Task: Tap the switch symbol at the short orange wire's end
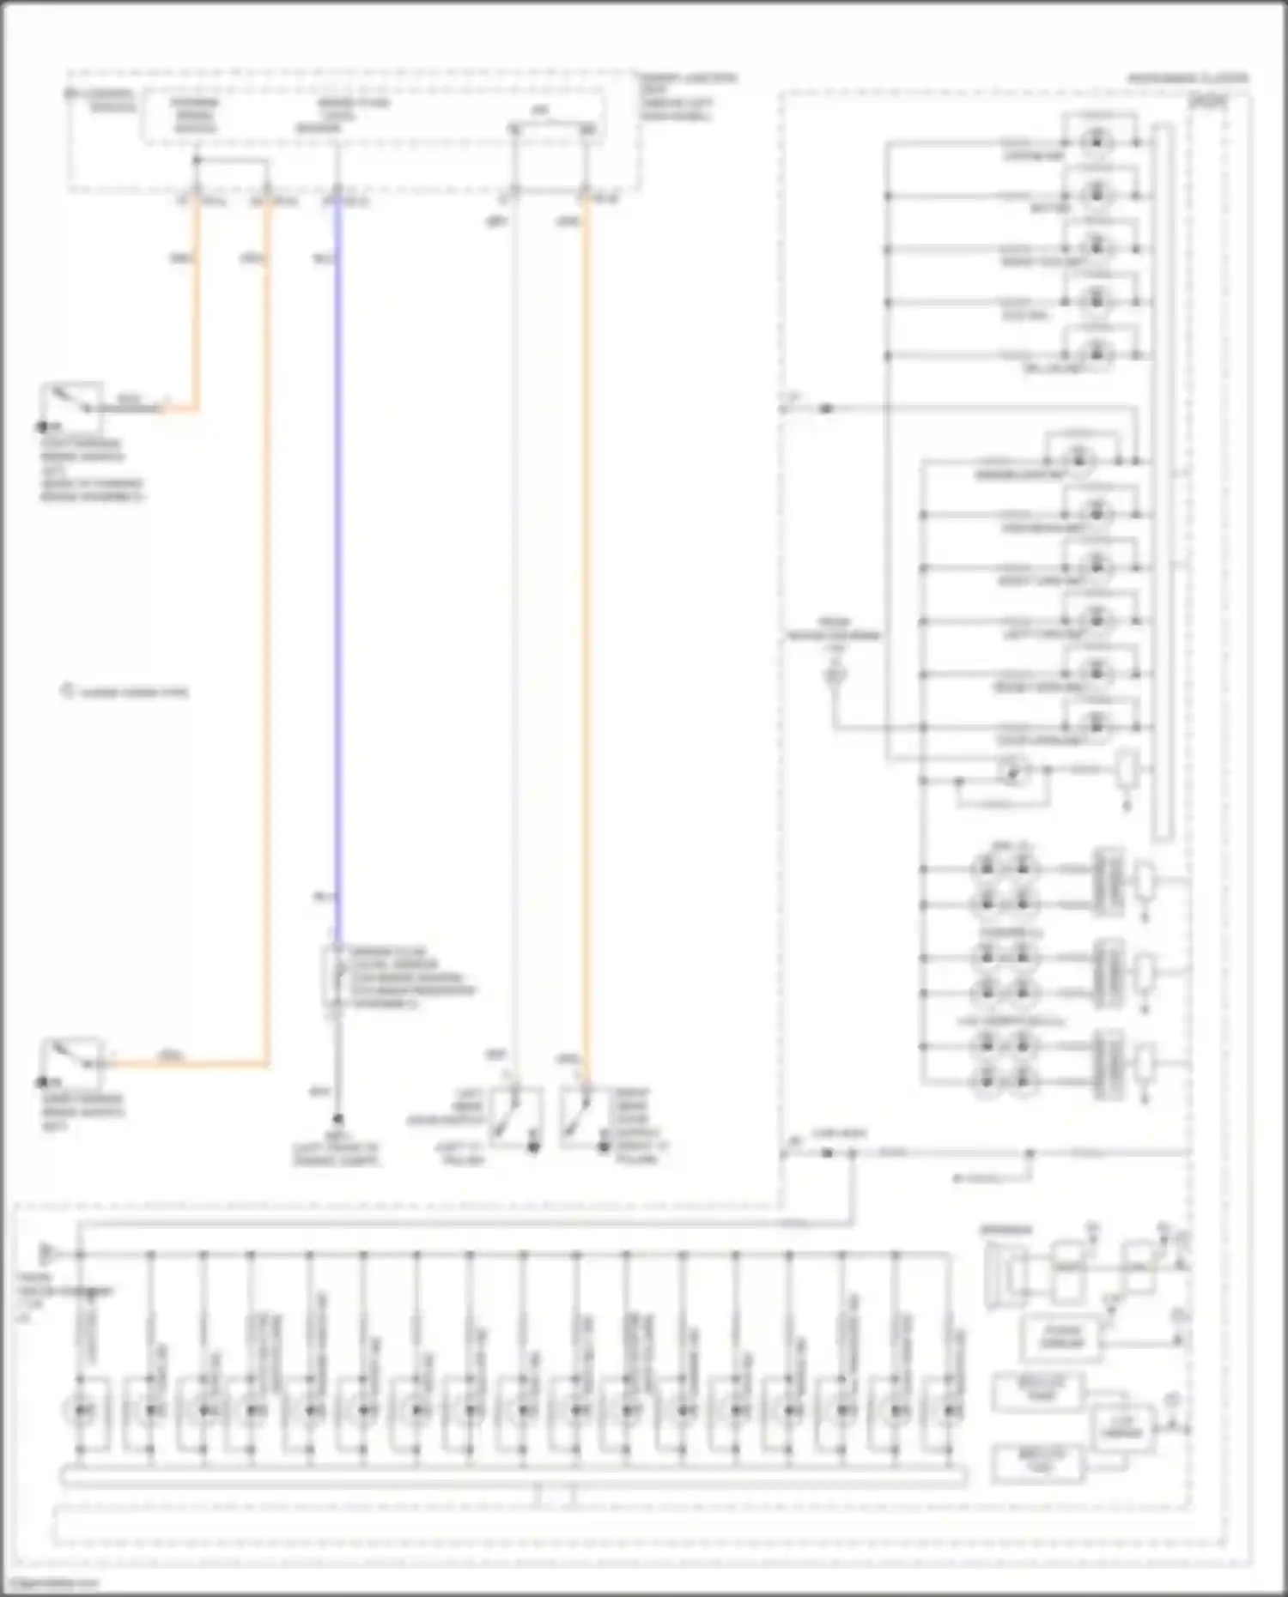tap(72, 402)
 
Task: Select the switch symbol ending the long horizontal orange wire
tap(73, 1060)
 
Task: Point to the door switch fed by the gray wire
tap(516, 1116)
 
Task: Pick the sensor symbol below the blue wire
tap(332, 978)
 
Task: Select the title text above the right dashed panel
tap(1188, 78)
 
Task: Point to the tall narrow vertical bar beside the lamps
tap(1163, 481)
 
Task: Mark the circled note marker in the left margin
tap(68, 691)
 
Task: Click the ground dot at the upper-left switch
tap(40, 426)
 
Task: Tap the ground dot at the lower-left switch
tap(40, 1083)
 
